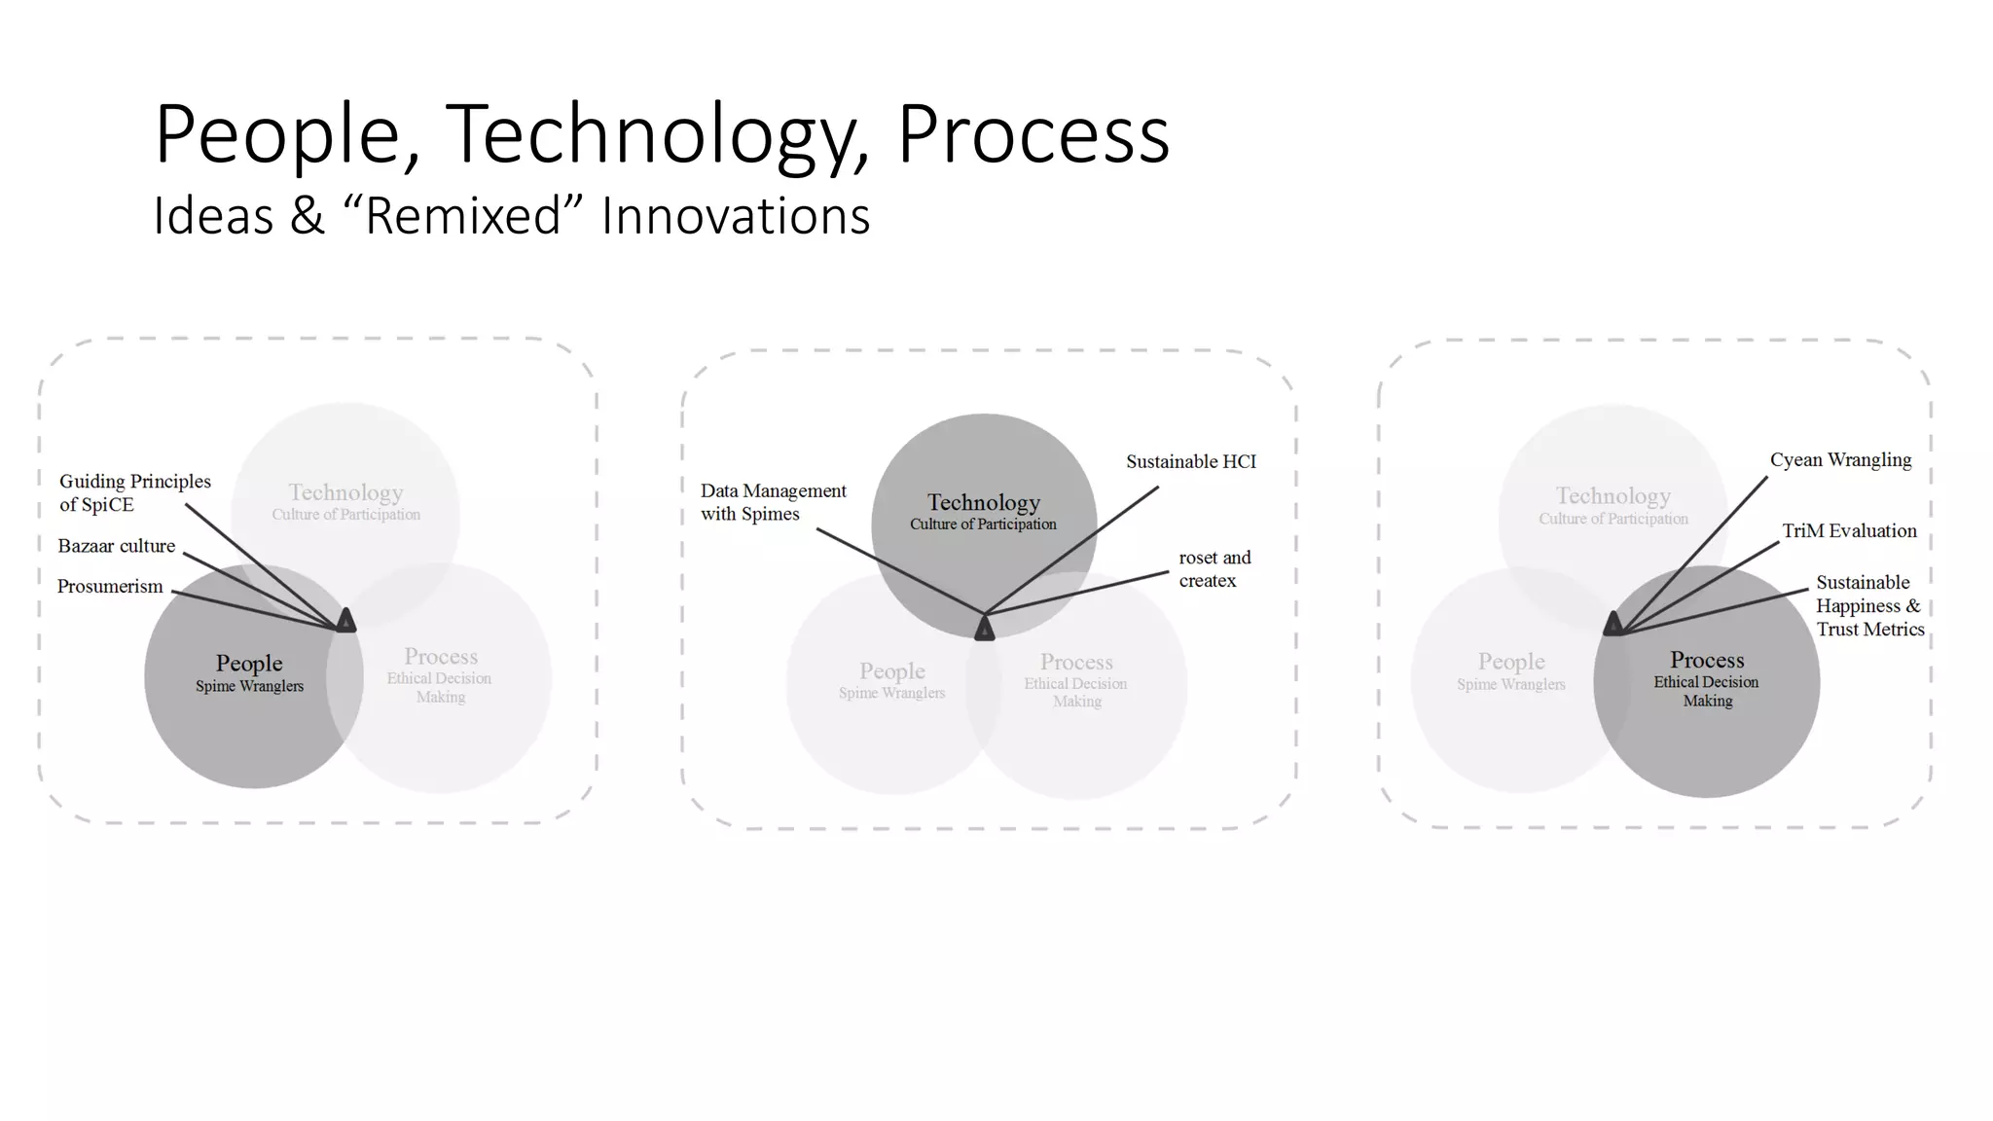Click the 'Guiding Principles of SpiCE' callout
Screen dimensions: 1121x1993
coord(134,492)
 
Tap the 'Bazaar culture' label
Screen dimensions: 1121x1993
coord(116,546)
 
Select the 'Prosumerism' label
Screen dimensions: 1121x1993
coord(110,587)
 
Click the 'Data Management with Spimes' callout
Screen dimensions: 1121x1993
coord(773,502)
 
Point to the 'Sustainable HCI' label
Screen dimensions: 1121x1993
coord(1190,461)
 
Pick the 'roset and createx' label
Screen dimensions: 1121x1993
coord(1214,569)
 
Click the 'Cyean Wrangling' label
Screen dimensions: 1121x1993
coord(1839,459)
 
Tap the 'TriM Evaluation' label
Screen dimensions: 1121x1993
coord(1848,530)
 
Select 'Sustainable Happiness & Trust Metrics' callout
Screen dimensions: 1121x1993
coord(1868,605)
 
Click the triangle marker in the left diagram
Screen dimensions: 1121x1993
coord(345,620)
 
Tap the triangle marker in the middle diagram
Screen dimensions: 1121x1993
coord(984,629)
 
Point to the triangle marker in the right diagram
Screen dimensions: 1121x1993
coord(1613,624)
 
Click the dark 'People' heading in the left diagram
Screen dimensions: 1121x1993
coord(249,664)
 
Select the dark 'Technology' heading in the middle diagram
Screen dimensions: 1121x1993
coord(983,502)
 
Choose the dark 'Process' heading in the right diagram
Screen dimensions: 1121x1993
coord(1707,660)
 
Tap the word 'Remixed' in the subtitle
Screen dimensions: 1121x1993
coord(464,216)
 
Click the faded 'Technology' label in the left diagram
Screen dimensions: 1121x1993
coord(345,492)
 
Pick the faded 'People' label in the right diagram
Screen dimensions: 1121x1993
coord(1510,662)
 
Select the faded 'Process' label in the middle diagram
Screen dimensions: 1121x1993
coord(1075,663)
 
